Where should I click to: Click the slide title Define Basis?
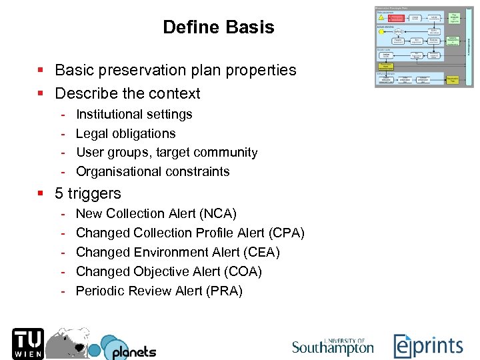[218, 27]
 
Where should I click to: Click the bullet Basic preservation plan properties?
[175, 70]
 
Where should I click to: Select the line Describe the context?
[127, 93]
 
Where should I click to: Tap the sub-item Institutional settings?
[134, 114]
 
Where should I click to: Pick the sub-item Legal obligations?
[125, 133]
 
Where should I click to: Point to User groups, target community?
[167, 152]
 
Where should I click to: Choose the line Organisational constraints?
[153, 171]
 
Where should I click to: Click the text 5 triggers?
[88, 193]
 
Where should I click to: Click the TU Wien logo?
[27, 343]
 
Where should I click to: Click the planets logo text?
[133, 351]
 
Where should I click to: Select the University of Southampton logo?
[333, 346]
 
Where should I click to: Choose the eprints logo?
[428, 346]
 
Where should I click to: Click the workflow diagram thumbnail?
[424, 47]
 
